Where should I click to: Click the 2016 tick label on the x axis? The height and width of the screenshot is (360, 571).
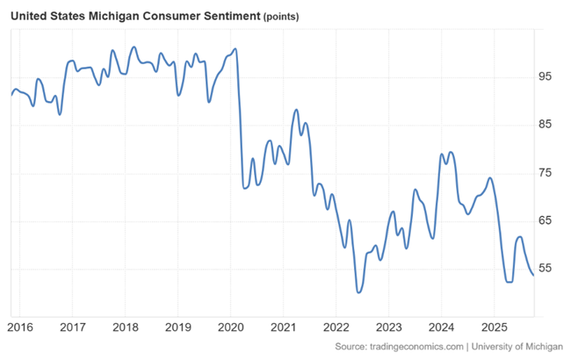(x=20, y=327)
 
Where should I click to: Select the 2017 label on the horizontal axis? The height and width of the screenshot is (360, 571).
(x=73, y=327)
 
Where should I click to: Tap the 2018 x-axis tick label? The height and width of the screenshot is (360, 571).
(x=126, y=327)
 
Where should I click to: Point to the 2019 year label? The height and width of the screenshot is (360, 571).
(x=177, y=327)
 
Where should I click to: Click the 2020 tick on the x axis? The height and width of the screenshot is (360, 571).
(x=230, y=327)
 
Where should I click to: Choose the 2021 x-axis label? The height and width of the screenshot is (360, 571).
(x=283, y=327)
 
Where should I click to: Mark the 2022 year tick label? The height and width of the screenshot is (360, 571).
(x=336, y=327)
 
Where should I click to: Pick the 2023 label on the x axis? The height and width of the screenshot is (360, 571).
(x=388, y=327)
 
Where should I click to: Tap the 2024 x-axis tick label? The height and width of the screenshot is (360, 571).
(x=441, y=327)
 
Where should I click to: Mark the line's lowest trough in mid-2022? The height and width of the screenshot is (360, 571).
(x=358, y=292)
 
